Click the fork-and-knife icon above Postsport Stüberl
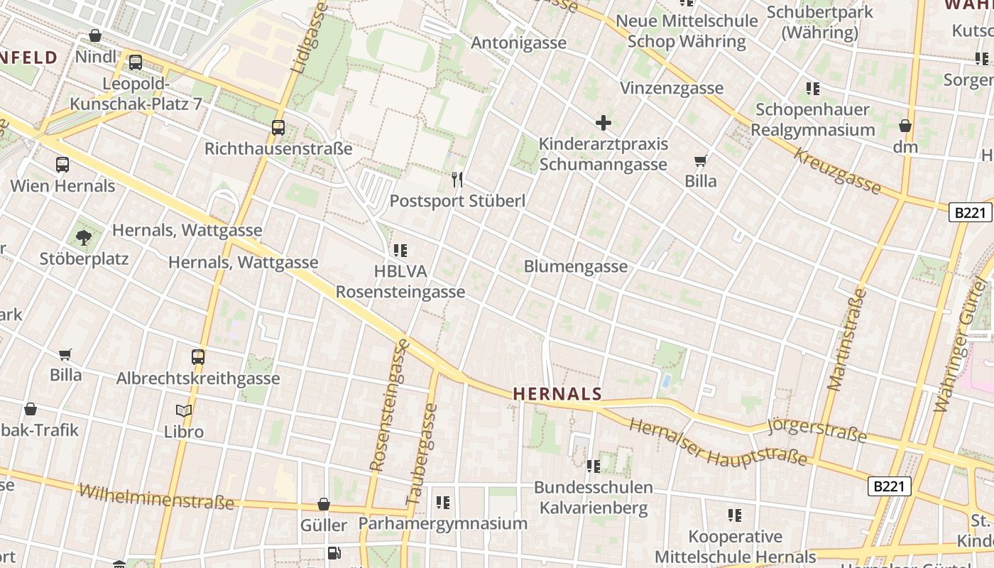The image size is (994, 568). (x=457, y=180)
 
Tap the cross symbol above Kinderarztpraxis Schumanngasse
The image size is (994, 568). (x=603, y=123)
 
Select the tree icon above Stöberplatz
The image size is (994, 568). (x=84, y=237)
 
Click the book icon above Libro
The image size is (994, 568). (x=184, y=410)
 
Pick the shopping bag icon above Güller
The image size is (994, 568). (x=324, y=504)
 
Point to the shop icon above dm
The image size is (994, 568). (x=905, y=126)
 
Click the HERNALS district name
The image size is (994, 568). (x=557, y=394)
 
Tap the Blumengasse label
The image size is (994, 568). (x=576, y=266)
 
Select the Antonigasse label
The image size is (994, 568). (x=519, y=43)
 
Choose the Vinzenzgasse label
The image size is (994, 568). (x=672, y=88)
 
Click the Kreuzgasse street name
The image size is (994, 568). (x=837, y=171)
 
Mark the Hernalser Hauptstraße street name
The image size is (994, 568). (x=719, y=442)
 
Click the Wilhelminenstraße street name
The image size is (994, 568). (x=156, y=497)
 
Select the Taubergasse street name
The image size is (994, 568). (x=422, y=454)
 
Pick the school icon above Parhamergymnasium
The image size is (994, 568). (x=443, y=503)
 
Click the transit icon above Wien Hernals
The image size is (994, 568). (x=62, y=165)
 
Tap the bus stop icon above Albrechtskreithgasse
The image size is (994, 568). (x=198, y=356)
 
